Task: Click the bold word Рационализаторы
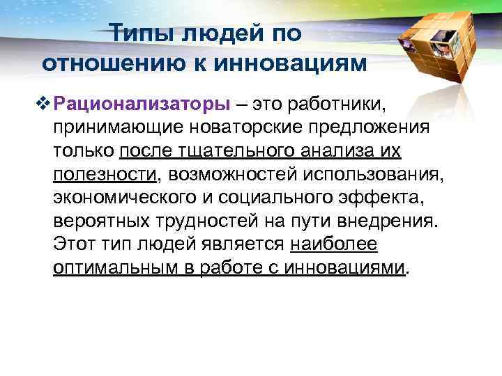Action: pos(144,104)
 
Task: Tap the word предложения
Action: pos(349,127)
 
